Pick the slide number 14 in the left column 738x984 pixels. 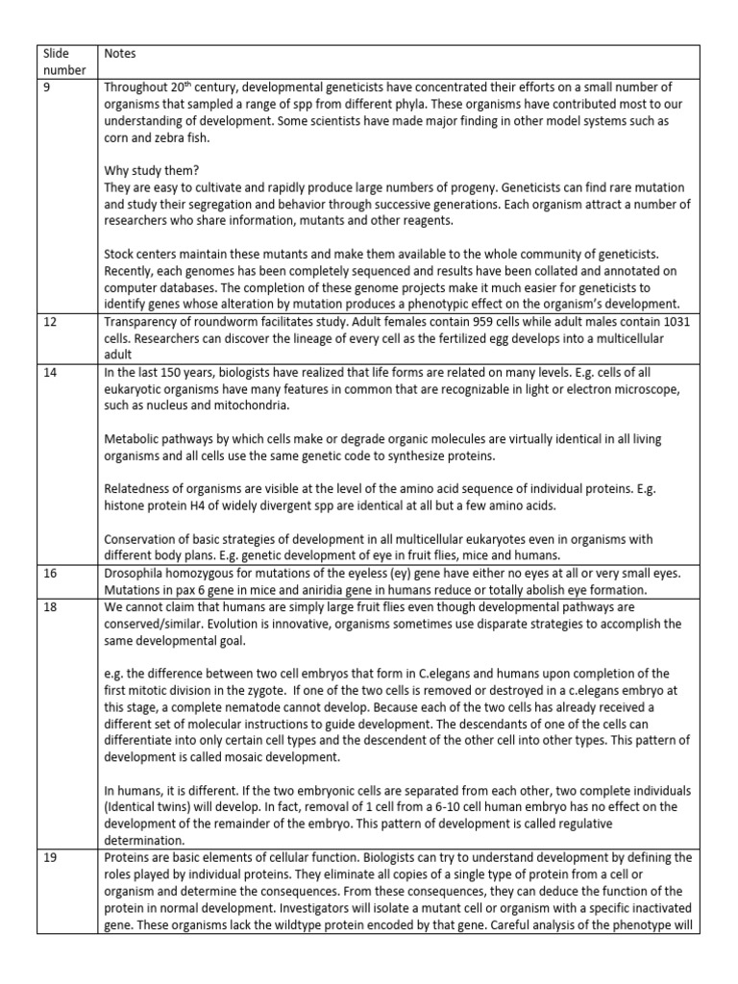[x=54, y=358]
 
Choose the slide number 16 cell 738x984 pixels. [x=54, y=573]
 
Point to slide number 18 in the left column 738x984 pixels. [x=54, y=607]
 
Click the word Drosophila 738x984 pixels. [x=136, y=573]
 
